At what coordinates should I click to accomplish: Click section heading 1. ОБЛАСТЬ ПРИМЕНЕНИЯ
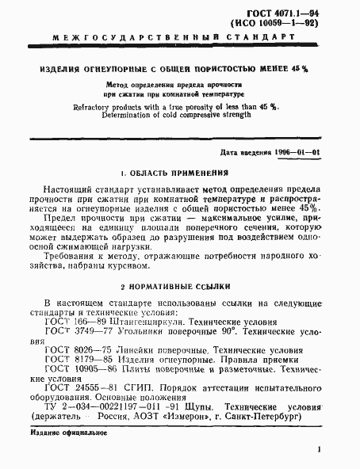click(174, 173)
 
